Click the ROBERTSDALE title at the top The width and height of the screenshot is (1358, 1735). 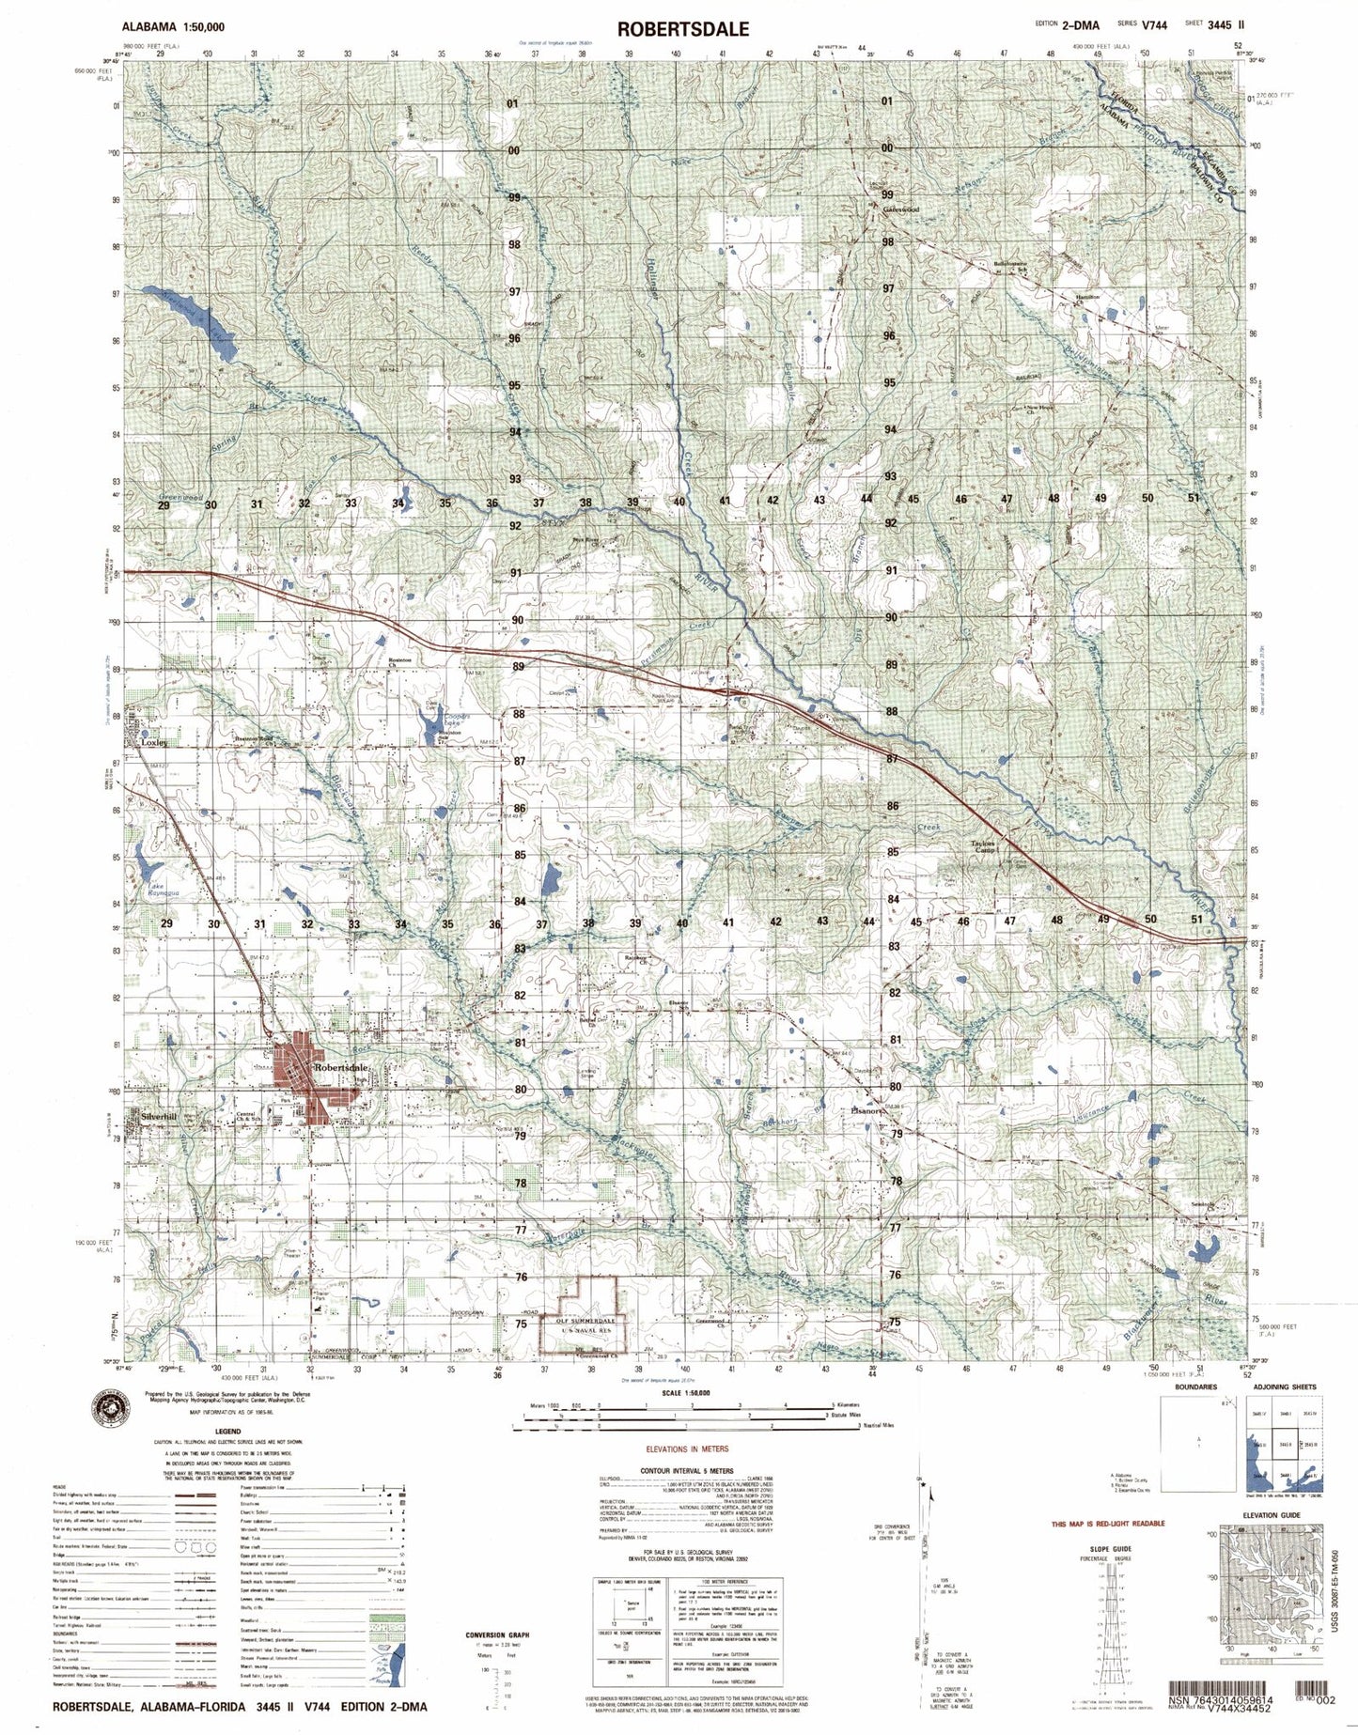click(683, 29)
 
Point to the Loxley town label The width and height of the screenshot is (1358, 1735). click(153, 741)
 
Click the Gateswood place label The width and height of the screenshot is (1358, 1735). click(900, 209)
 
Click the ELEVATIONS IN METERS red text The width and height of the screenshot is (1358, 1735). click(683, 1450)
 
